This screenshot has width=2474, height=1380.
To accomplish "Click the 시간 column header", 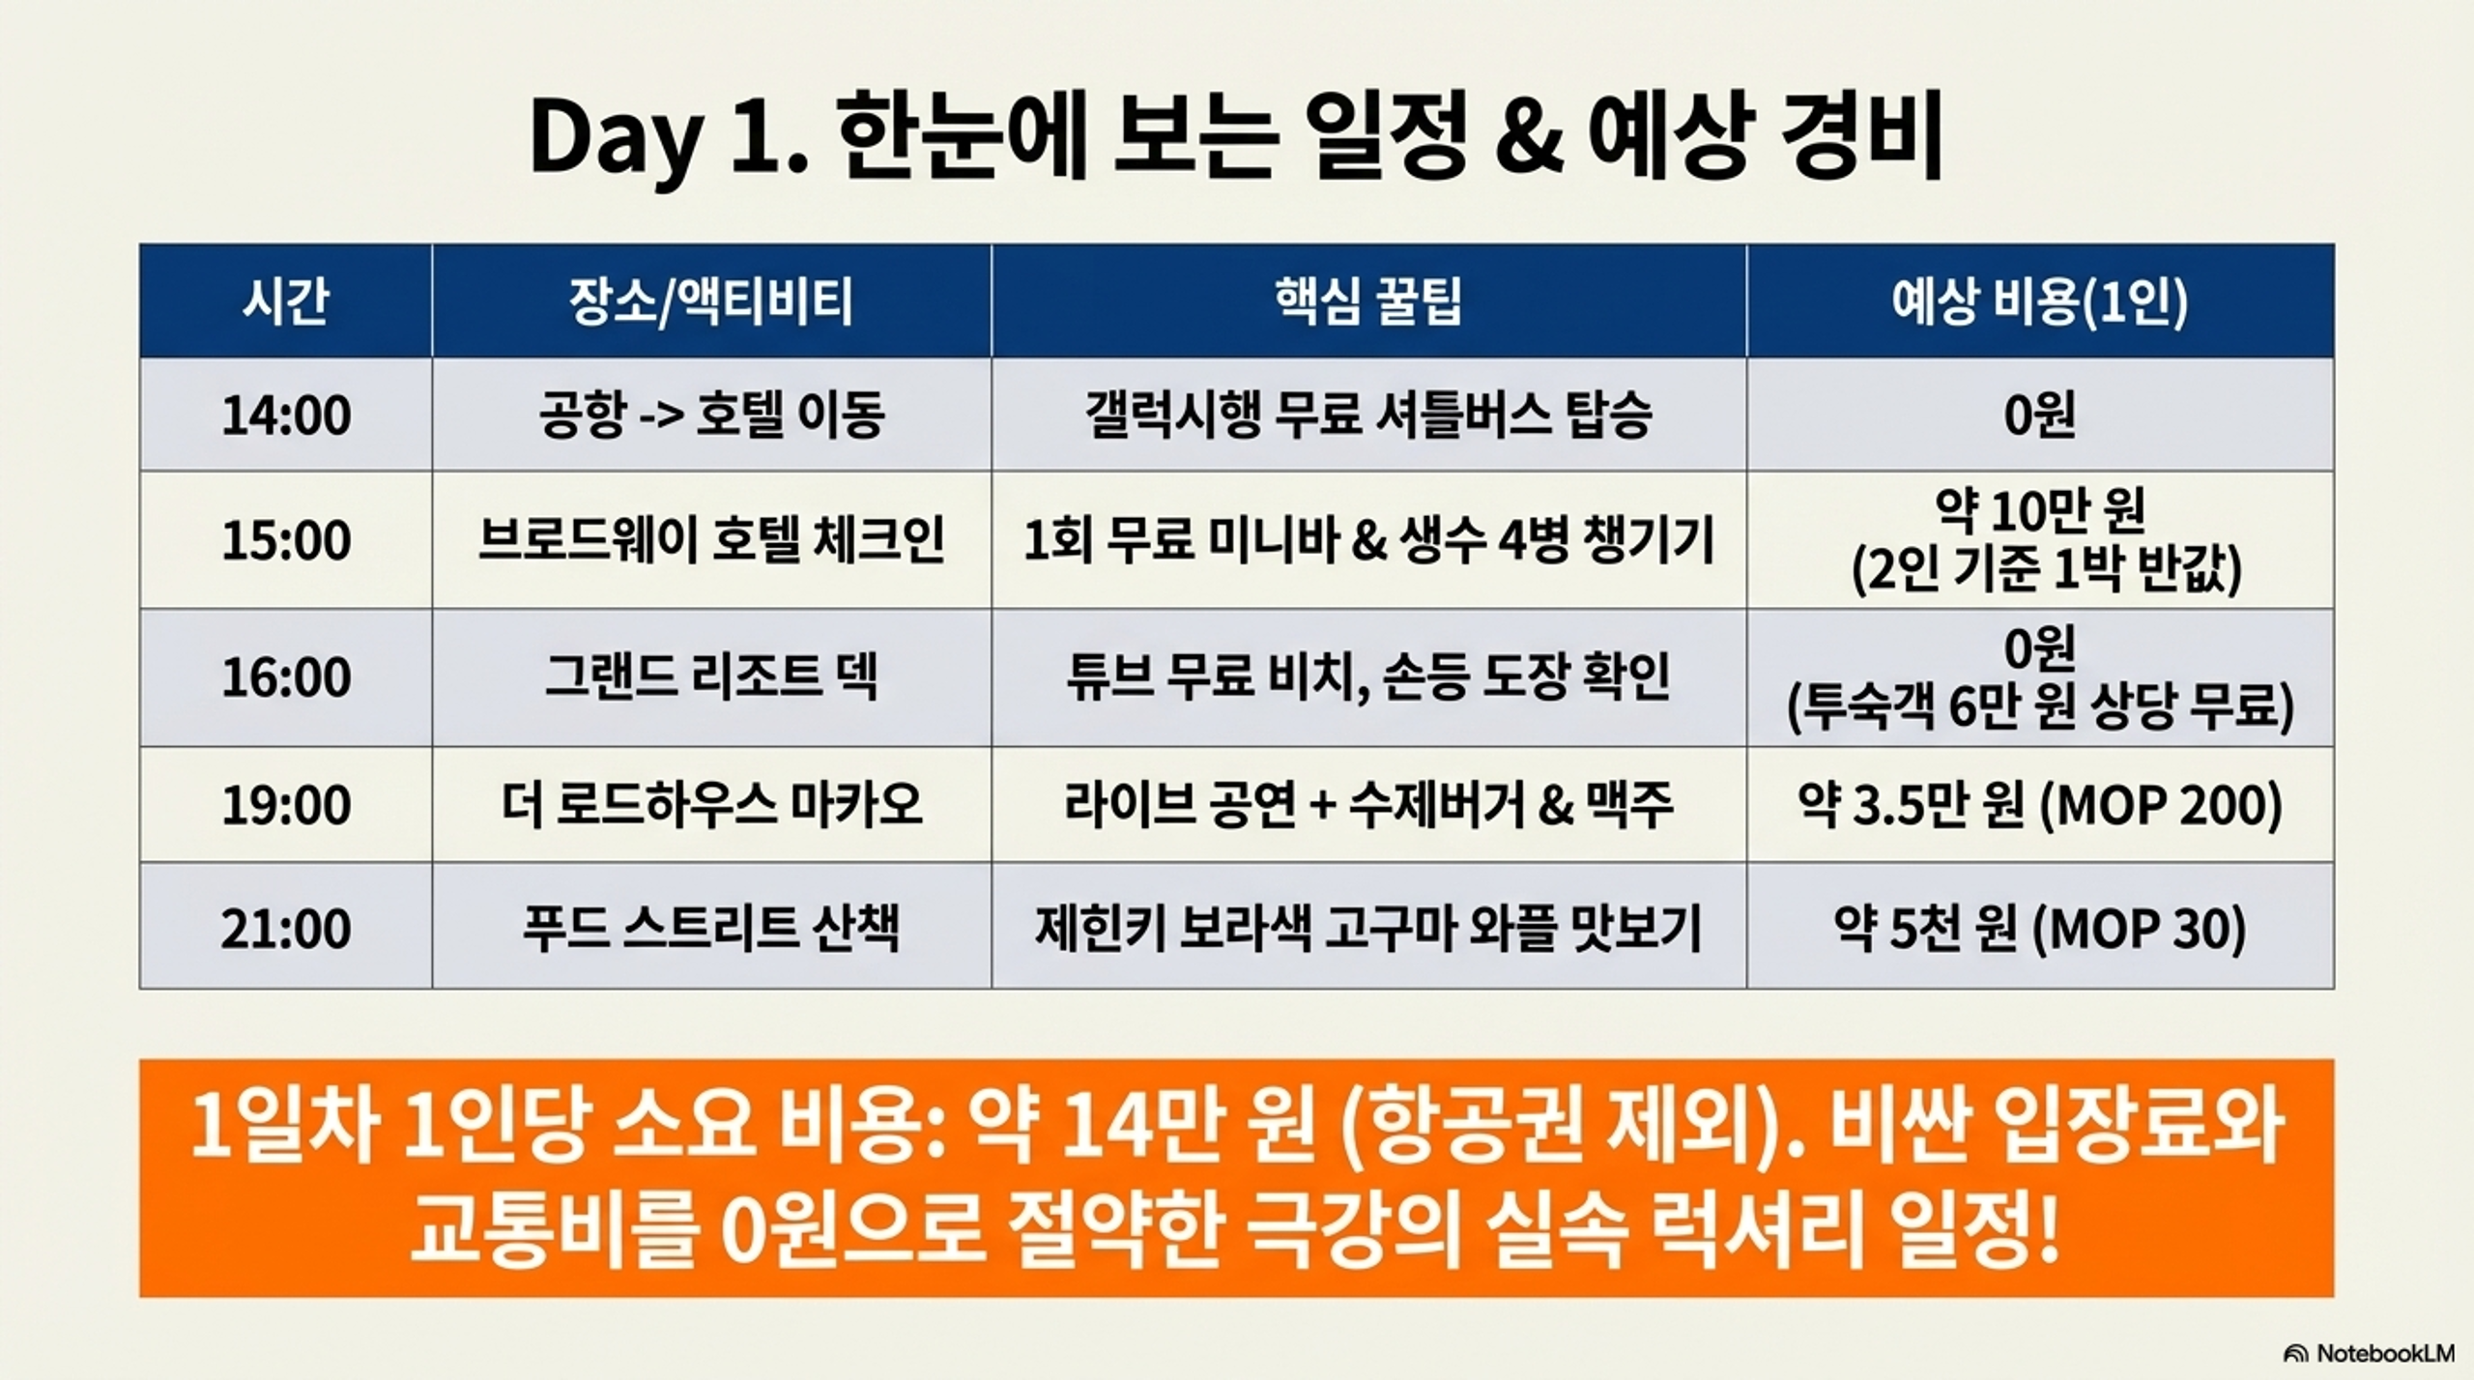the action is (x=285, y=302).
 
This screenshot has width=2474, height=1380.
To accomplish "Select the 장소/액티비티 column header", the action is (x=711, y=302).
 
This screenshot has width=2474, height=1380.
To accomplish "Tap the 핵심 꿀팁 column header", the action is (x=1368, y=302).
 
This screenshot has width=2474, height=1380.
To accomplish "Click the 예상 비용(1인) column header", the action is (x=2040, y=302).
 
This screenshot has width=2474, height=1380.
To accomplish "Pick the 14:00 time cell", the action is (x=286, y=416).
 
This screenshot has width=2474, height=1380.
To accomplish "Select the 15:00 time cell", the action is (x=286, y=539).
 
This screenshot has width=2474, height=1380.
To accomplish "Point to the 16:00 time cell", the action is (x=286, y=676).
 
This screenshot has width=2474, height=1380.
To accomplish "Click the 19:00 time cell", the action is (x=286, y=805).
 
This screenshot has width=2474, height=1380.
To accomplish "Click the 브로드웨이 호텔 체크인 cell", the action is (x=711, y=539).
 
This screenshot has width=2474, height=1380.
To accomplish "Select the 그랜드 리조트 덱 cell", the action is (x=711, y=676).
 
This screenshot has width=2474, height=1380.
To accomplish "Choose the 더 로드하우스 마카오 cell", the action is (x=711, y=805).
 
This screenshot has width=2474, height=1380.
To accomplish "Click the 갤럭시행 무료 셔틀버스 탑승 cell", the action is (x=1368, y=416).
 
